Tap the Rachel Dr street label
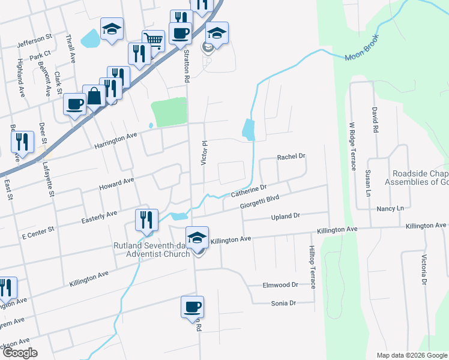click(291, 157)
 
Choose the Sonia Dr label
click(283, 304)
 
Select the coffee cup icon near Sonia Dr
click(192, 307)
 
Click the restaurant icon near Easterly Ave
click(146, 220)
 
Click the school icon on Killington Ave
click(197, 238)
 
